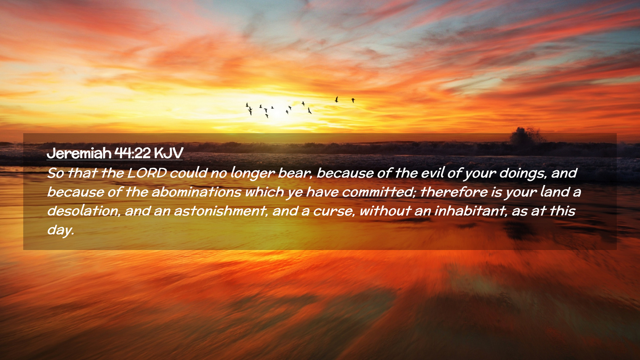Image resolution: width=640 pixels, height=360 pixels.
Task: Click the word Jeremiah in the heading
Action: [79, 153]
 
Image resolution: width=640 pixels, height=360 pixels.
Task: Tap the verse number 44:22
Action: [133, 153]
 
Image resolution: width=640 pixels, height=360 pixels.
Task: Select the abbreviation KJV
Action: [168, 153]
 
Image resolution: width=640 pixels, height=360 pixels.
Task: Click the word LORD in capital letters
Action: [147, 173]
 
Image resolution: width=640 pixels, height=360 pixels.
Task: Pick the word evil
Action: [432, 173]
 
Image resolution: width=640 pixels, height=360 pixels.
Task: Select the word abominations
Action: [196, 192]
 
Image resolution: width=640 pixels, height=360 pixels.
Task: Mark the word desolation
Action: [83, 211]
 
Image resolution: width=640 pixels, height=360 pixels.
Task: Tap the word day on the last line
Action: [60, 230]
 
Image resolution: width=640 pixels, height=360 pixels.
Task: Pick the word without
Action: [385, 211]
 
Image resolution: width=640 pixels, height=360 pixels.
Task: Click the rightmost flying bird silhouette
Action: [353, 100]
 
